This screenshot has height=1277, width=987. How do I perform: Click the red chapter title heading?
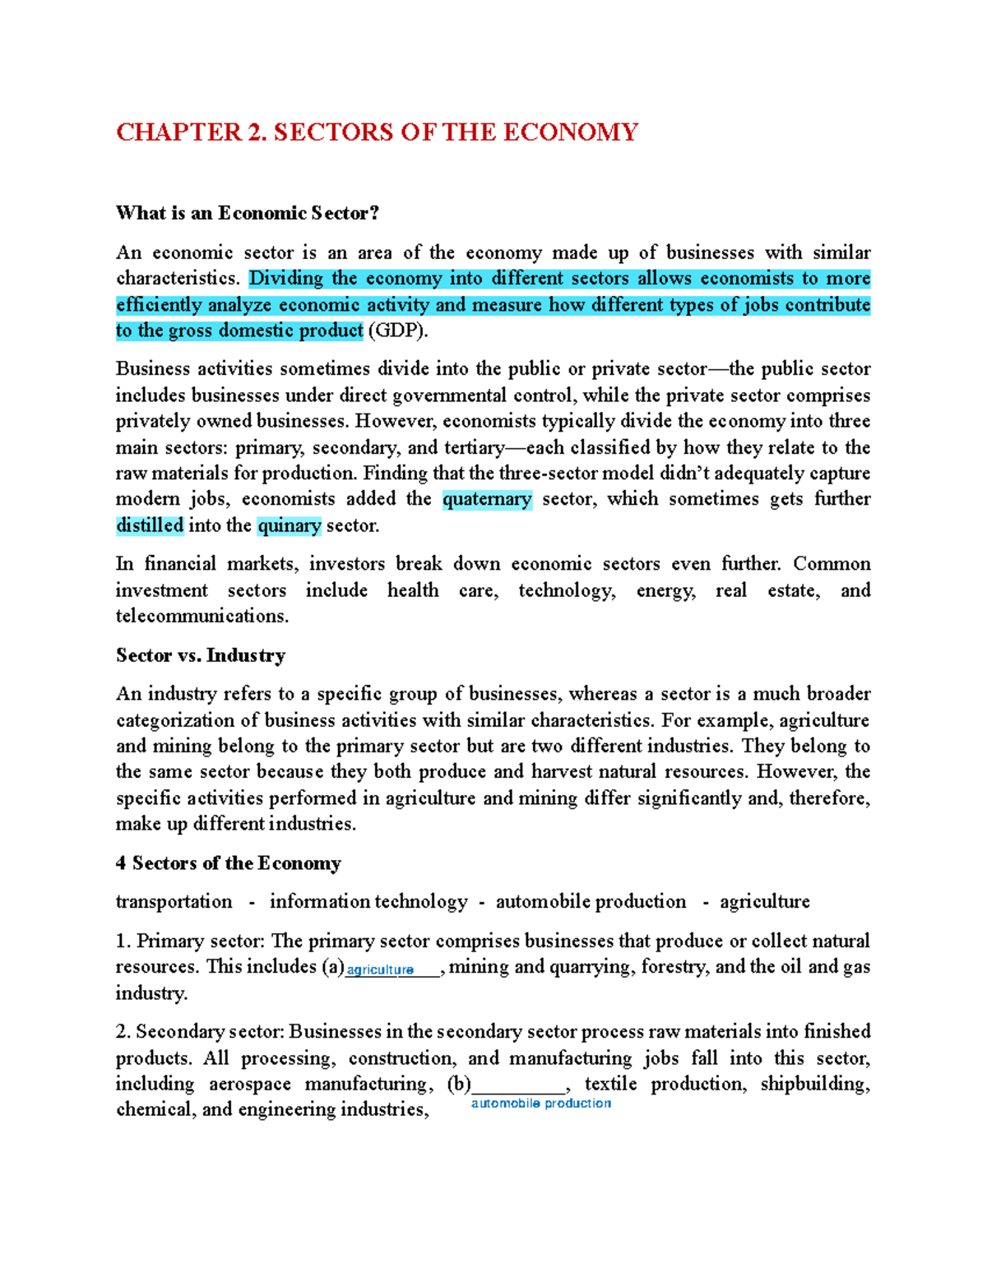pos(377,132)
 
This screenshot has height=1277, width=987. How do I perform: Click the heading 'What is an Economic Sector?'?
pos(248,213)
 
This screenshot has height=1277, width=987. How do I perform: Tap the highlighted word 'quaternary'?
pos(487,499)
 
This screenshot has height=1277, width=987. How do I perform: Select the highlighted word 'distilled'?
pos(150,525)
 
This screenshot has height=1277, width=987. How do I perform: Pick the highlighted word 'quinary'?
pos(289,525)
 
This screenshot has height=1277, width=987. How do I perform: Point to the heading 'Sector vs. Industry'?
pos(201,655)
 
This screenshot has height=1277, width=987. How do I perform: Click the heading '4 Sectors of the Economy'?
pos(228,863)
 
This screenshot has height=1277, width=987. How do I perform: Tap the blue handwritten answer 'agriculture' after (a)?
pos(380,969)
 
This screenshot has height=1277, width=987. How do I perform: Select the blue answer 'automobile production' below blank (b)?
pos(540,1103)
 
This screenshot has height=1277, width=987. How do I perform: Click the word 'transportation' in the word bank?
pos(174,902)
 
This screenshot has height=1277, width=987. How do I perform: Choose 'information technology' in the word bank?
pos(368,902)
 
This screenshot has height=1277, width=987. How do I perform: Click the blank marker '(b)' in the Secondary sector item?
pos(458,1084)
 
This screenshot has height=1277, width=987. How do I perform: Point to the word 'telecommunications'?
pos(202,616)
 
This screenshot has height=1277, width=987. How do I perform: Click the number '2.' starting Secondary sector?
pos(123,1032)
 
